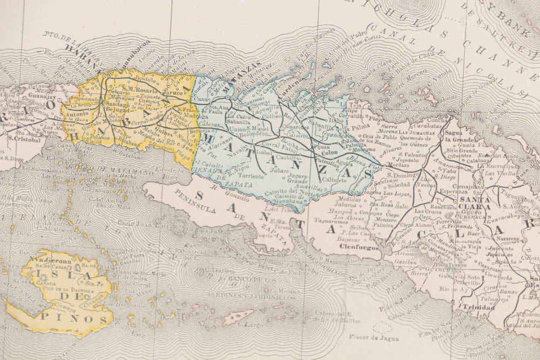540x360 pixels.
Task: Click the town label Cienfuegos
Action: click(x=359, y=247)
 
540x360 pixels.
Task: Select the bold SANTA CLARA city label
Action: click(x=474, y=203)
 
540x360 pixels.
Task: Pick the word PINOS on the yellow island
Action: click(x=83, y=320)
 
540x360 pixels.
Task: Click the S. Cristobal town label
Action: click(x=24, y=139)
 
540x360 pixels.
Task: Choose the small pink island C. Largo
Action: click(x=238, y=316)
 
